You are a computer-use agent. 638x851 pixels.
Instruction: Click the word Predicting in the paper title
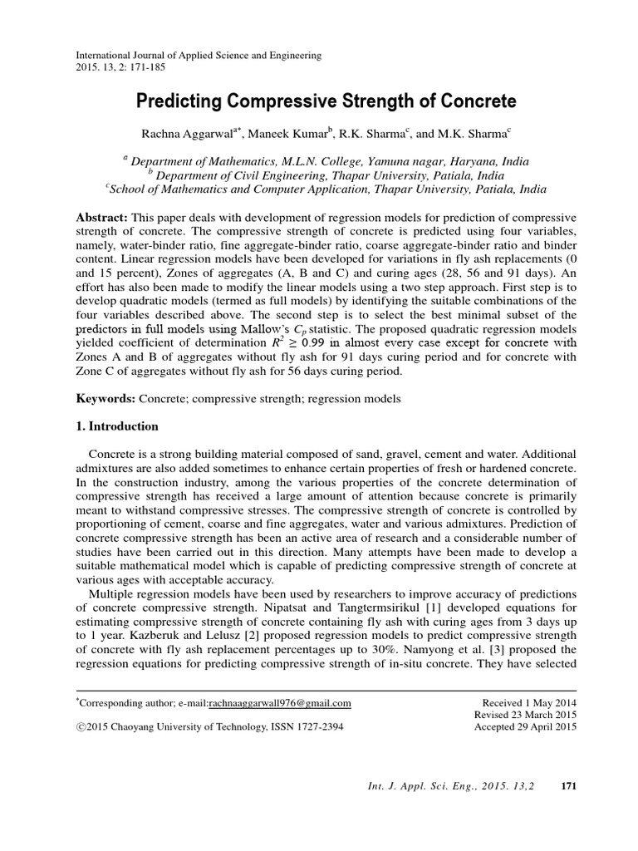[176, 102]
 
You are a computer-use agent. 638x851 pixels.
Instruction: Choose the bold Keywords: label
[106, 399]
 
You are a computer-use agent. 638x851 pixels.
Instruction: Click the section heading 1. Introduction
[116, 426]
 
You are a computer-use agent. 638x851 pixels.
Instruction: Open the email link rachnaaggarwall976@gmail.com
[280, 703]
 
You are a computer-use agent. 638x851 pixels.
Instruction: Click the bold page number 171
[569, 785]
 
